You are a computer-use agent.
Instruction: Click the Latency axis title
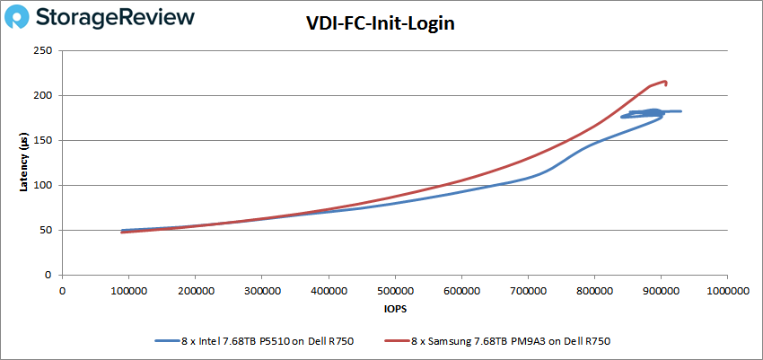tap(24, 162)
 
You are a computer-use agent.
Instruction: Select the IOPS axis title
tap(394, 310)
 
